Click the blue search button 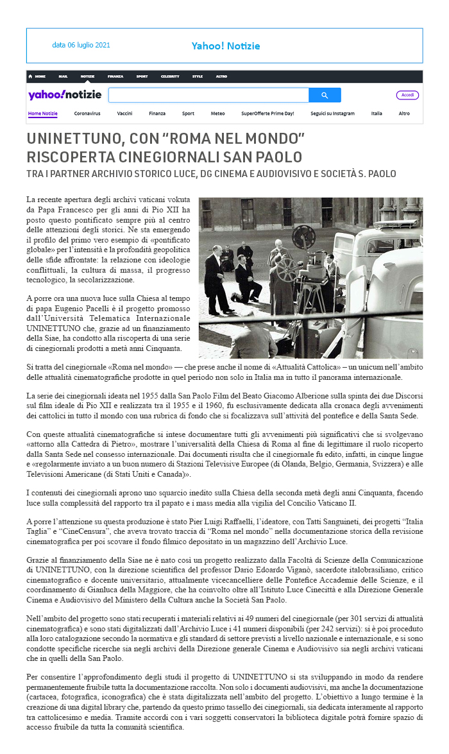point(325,96)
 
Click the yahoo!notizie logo point(64,95)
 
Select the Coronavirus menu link point(87,114)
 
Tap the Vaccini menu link point(124,114)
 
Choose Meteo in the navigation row point(217,114)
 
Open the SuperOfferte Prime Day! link point(267,114)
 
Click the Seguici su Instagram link point(332,114)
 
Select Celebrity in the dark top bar point(170,76)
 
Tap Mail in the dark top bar point(63,76)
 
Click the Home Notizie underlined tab point(43,114)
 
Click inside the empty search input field point(208,96)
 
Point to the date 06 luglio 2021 point(81,45)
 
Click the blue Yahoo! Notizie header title point(226,46)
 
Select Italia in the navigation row point(377,114)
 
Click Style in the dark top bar point(198,76)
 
